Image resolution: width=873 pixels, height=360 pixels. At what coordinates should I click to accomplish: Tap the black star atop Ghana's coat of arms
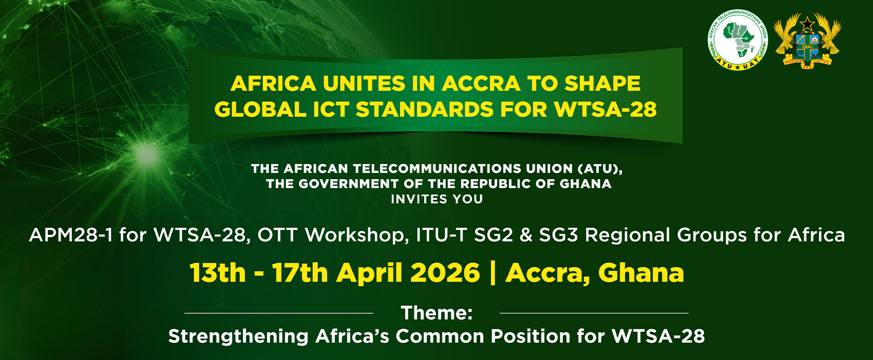pyautogui.click(x=808, y=23)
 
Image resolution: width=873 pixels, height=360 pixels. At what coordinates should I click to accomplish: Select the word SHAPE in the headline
pyautogui.click(x=602, y=84)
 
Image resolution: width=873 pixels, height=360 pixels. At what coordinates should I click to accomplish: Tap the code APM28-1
pyautogui.click(x=71, y=235)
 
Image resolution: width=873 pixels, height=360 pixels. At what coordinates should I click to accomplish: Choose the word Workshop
pyautogui.click(x=357, y=235)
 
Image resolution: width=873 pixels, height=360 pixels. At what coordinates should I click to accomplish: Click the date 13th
pyautogui.click(x=218, y=273)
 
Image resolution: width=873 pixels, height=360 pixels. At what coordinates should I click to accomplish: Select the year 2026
pyautogui.click(x=445, y=273)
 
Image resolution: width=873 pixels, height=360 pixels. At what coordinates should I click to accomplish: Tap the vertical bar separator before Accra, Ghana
pyautogui.click(x=493, y=273)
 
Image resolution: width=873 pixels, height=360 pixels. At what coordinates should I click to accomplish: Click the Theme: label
pyautogui.click(x=436, y=313)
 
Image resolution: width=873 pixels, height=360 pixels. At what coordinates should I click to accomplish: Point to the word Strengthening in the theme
pyautogui.click(x=238, y=336)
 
